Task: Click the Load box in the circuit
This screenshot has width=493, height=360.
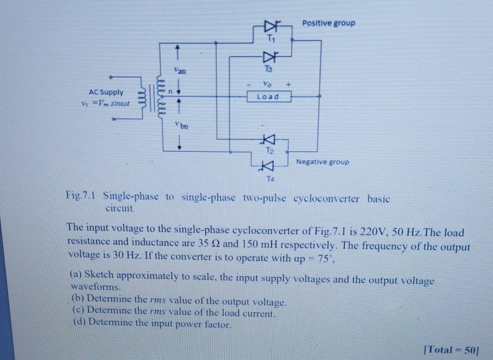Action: [269, 97]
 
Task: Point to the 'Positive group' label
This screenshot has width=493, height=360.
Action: [329, 23]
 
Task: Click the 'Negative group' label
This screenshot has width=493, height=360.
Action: [323, 162]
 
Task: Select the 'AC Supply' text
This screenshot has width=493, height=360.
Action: [106, 92]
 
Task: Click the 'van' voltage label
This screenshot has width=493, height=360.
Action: [180, 71]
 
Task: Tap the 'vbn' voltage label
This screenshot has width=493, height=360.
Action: [182, 126]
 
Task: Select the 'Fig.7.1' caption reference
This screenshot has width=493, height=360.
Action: [81, 194]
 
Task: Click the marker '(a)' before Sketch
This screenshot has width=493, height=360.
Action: [76, 275]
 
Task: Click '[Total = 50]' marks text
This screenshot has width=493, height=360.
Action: [451, 350]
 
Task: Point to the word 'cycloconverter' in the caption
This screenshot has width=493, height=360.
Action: [327, 199]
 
